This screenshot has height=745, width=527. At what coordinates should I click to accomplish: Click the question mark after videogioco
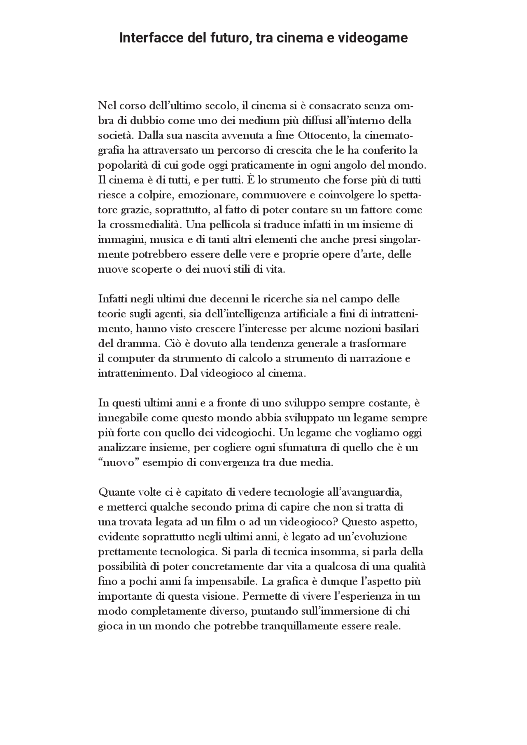pyautogui.click(x=336, y=522)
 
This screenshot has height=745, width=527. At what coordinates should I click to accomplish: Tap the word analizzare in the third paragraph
pyautogui.click(x=121, y=448)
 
